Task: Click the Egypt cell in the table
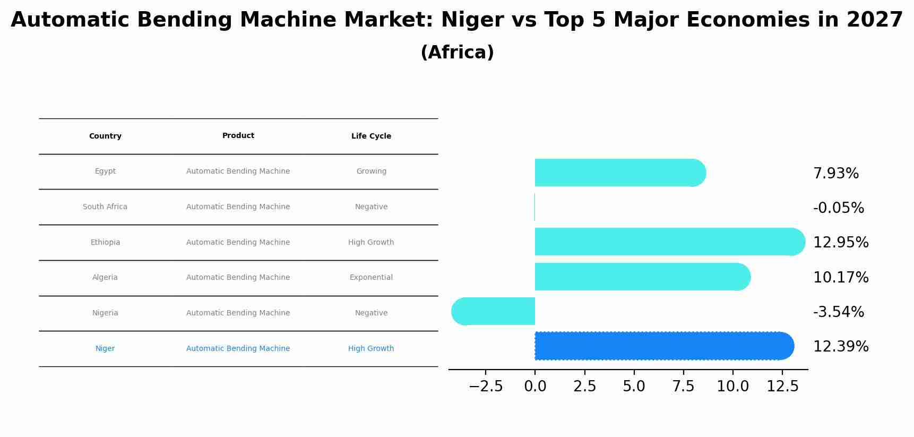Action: click(x=105, y=172)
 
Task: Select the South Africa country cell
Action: click(x=105, y=207)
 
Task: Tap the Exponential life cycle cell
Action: click(x=371, y=278)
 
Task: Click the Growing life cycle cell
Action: click(x=371, y=172)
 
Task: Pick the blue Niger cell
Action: click(x=105, y=349)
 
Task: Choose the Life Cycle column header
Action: click(x=371, y=136)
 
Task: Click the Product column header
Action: click(x=238, y=136)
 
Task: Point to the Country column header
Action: click(x=105, y=136)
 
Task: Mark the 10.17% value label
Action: click(x=841, y=278)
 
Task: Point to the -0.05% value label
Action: click(x=839, y=208)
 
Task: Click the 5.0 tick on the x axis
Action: click(x=634, y=387)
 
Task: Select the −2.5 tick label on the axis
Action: click(x=486, y=387)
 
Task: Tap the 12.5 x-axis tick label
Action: click(x=782, y=387)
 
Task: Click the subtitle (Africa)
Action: click(x=457, y=53)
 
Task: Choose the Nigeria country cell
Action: click(x=105, y=313)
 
